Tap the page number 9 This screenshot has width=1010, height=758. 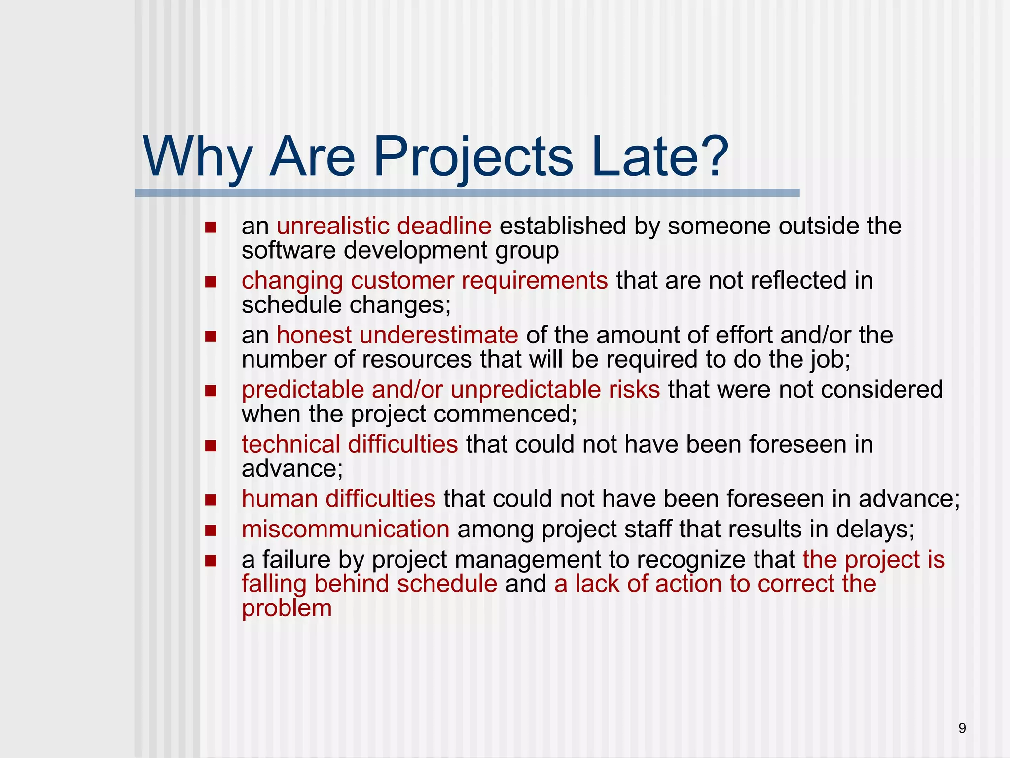(x=962, y=728)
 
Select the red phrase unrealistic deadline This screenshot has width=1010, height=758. (x=384, y=227)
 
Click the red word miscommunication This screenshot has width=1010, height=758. (x=345, y=530)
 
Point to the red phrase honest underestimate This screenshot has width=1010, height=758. (x=397, y=336)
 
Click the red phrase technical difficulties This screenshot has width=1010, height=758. (x=350, y=444)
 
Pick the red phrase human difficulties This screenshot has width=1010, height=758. (x=338, y=499)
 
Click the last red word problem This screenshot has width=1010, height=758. (x=287, y=608)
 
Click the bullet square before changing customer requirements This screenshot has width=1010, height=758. (x=211, y=282)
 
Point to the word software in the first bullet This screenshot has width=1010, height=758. (x=289, y=251)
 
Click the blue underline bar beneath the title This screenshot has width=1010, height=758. (x=467, y=193)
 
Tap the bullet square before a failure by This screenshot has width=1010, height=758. (x=211, y=561)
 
